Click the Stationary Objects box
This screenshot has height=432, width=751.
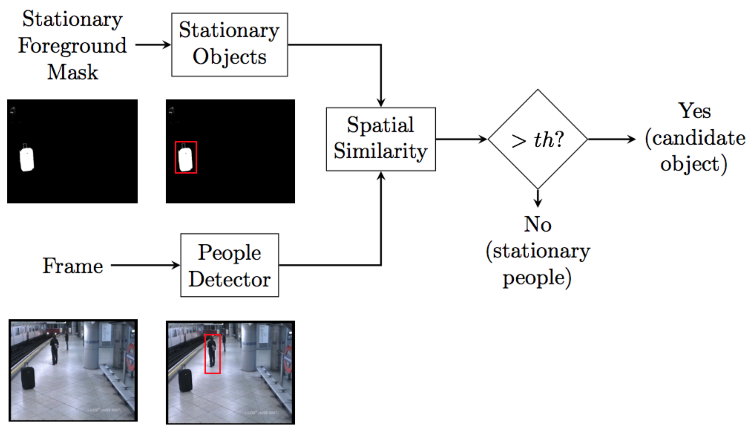tap(229, 45)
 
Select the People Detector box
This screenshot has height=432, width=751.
tap(229, 265)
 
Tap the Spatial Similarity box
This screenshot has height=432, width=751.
tap(381, 139)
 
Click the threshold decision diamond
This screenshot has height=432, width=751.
tap(537, 139)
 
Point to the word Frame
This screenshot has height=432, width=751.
tap(73, 266)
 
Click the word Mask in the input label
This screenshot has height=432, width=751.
tap(73, 72)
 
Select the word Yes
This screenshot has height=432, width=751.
tap(695, 111)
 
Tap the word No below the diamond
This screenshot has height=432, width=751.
tap(537, 224)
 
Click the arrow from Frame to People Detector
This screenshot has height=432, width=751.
tap(145, 265)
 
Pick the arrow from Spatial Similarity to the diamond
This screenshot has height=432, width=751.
tap(461, 139)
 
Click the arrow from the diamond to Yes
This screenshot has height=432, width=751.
tap(611, 139)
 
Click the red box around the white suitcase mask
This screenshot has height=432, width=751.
tap(186, 157)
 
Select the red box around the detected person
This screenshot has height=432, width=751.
tap(213, 354)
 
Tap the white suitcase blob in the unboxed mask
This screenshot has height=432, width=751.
tap(27, 159)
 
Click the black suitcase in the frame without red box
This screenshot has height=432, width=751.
tap(28, 378)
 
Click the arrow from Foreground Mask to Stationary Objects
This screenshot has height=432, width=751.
tap(153, 45)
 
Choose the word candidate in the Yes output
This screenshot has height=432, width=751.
tap(698, 138)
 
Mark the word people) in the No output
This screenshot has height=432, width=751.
tap(537, 278)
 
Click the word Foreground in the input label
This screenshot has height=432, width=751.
tap(72, 46)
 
